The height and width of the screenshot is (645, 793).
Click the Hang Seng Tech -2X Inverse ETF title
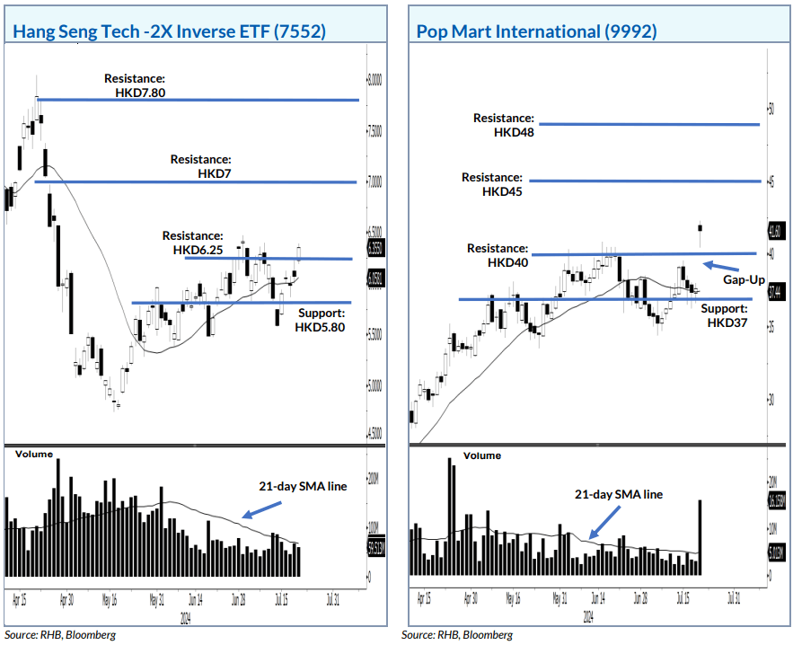click(169, 31)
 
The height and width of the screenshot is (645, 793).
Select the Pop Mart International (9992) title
click(536, 31)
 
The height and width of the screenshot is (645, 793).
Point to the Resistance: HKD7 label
click(201, 165)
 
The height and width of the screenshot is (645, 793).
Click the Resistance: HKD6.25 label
click(192, 242)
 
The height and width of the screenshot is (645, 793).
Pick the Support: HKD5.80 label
click(319, 321)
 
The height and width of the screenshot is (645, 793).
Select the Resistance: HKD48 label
click(504, 125)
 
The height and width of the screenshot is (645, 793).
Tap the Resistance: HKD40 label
click(498, 255)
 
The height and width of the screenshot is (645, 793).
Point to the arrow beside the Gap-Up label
click(720, 266)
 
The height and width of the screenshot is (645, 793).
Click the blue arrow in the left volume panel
click(260, 509)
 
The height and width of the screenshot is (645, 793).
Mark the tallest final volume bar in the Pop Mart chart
click(700, 537)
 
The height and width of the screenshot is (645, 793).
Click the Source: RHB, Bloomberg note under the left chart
click(59, 634)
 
